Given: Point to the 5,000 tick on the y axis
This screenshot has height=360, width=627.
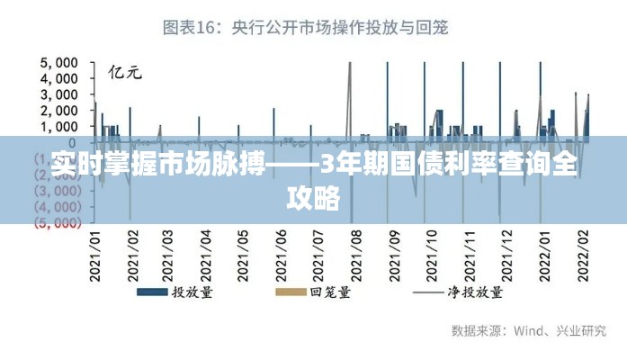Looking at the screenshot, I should coord(59,63).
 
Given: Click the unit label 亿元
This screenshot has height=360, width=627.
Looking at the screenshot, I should coord(125,72).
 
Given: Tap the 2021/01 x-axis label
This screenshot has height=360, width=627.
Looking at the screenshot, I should coord(95,255).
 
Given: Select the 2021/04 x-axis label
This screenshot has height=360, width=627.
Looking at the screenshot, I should coord(205,255).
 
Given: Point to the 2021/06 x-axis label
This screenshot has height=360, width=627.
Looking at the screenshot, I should coord(280,255).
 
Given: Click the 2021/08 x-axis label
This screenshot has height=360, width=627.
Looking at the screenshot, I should coord(354,255).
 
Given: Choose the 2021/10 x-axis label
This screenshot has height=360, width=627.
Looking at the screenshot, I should coord(431,255).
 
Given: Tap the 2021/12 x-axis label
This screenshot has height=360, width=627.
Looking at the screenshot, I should coord(506,255).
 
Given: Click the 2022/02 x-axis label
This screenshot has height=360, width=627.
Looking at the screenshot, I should coord(582,255).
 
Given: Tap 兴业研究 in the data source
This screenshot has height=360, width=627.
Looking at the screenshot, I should coord(582,330).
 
